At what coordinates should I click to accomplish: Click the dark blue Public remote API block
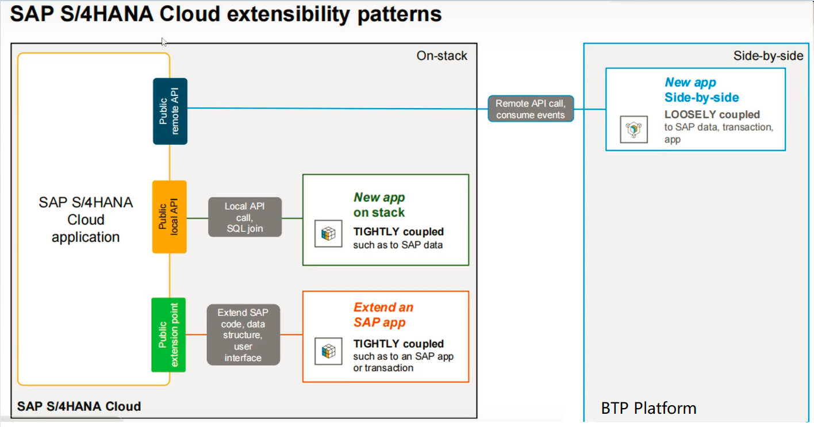pyautogui.click(x=170, y=111)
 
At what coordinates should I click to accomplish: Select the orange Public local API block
pyautogui.click(x=170, y=217)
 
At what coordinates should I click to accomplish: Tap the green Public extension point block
pyautogui.click(x=168, y=334)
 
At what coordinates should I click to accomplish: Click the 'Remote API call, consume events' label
pyautogui.click(x=530, y=109)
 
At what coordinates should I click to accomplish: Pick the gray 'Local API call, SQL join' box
pyautogui.click(x=244, y=217)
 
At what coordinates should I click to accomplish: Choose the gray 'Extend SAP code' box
pyautogui.click(x=243, y=334)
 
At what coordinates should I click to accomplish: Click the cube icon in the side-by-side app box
pyautogui.click(x=633, y=130)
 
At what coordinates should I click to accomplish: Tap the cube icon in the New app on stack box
pyautogui.click(x=328, y=234)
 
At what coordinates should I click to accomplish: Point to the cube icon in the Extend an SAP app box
pyautogui.click(x=328, y=351)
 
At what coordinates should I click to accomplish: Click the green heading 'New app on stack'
pyautogui.click(x=379, y=205)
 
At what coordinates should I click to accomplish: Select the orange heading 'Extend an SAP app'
pyautogui.click(x=383, y=315)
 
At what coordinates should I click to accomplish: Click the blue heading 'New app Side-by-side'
pyautogui.click(x=701, y=90)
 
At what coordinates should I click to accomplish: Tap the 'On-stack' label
pyautogui.click(x=441, y=56)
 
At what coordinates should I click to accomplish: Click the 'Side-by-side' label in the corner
pyautogui.click(x=768, y=56)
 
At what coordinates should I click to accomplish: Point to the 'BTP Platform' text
pyautogui.click(x=648, y=409)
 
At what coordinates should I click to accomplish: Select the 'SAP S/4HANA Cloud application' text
pyautogui.click(x=86, y=220)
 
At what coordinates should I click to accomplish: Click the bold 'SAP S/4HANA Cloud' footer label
pyautogui.click(x=79, y=406)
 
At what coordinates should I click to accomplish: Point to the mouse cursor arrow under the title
pyautogui.click(x=164, y=41)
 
